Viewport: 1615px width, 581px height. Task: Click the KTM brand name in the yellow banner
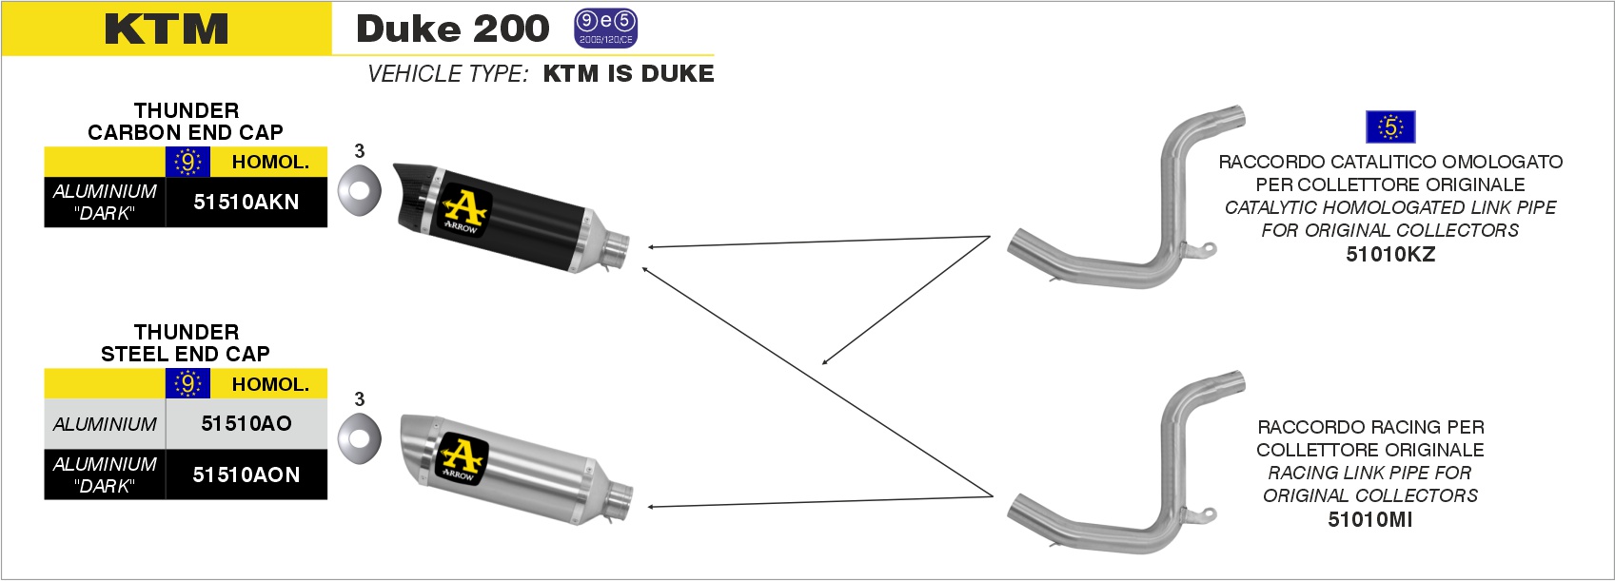tap(167, 29)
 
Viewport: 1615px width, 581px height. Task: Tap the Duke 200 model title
tap(453, 29)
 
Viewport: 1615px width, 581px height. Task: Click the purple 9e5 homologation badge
tap(605, 29)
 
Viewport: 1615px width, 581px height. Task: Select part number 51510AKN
tap(246, 203)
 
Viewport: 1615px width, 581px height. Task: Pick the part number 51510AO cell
tap(246, 423)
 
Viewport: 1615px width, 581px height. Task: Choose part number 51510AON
tap(246, 474)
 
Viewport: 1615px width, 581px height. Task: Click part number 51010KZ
tap(1390, 254)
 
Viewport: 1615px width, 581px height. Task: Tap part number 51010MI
tap(1369, 519)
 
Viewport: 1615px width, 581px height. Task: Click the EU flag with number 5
tap(1390, 127)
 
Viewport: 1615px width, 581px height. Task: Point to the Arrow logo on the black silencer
tap(463, 210)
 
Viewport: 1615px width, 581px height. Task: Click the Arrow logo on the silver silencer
tap(463, 458)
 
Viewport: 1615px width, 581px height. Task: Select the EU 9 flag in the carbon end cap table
tap(187, 162)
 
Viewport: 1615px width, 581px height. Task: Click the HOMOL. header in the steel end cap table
tap(270, 384)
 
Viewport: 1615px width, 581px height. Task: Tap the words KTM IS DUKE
tap(628, 73)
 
